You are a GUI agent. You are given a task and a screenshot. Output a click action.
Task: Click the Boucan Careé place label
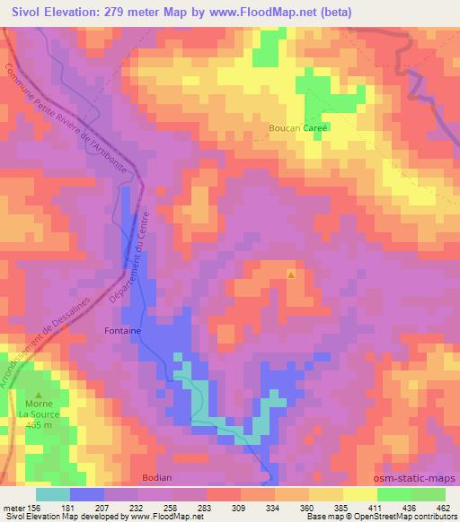[x=299, y=128]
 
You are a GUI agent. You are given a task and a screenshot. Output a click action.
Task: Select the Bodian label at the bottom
[x=157, y=478]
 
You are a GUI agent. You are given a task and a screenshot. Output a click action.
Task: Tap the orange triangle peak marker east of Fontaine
[x=290, y=274]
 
